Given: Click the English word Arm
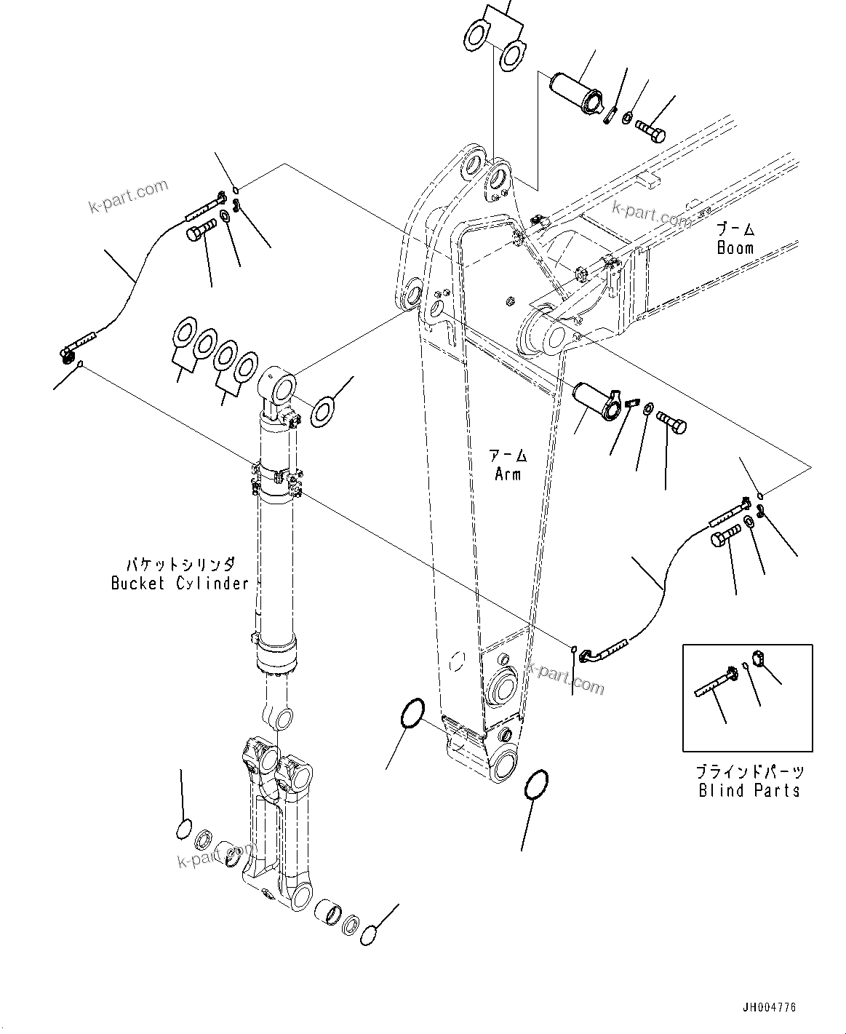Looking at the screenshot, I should click(508, 474).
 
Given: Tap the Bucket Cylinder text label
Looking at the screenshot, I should click(180, 583).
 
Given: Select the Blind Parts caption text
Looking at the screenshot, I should click(749, 790).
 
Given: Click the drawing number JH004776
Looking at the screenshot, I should click(769, 1008).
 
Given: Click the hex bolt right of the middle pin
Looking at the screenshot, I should click(671, 422).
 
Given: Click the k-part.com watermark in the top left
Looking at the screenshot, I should click(128, 196).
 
